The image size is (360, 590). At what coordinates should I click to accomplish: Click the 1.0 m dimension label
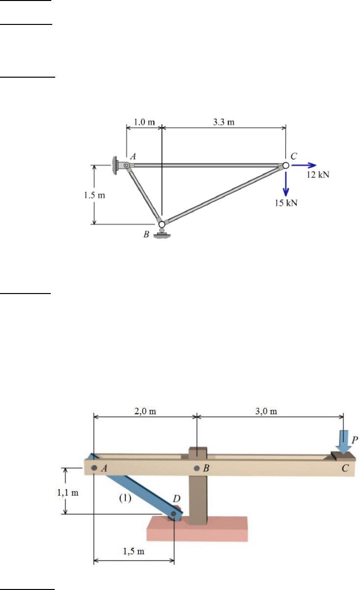(x=144, y=122)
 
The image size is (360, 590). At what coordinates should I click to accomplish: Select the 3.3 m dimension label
(x=224, y=122)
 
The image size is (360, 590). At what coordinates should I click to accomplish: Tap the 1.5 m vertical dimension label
(x=94, y=195)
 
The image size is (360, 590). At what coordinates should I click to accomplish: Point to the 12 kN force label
(x=318, y=175)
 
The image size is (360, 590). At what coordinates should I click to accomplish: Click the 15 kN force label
(x=286, y=203)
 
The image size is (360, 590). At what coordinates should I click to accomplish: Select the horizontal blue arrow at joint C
(x=304, y=166)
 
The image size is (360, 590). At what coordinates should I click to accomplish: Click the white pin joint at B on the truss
(x=162, y=224)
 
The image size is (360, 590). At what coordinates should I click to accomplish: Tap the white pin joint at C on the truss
(x=286, y=166)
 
